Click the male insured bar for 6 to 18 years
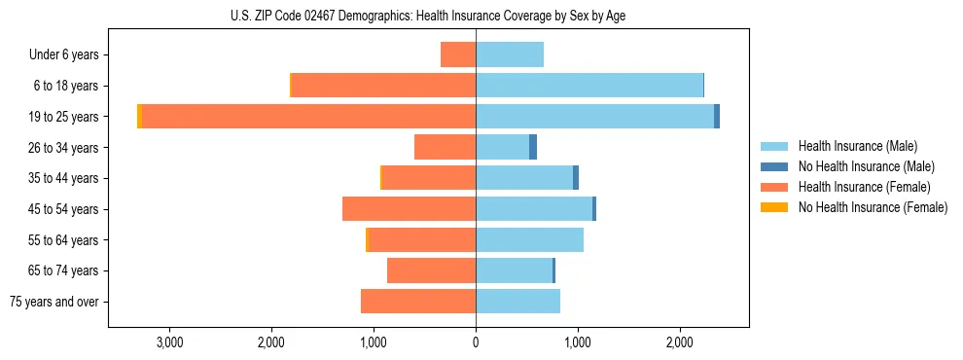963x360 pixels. (x=588, y=86)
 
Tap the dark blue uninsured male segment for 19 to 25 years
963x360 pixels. (x=717, y=117)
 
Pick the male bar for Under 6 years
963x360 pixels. (x=510, y=54)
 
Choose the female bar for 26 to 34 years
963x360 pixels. (x=445, y=147)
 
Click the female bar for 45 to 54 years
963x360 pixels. (x=409, y=209)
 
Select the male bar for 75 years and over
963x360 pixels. (x=517, y=302)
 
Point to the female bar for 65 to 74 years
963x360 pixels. (x=431, y=270)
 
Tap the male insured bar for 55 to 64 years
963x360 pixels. (x=529, y=239)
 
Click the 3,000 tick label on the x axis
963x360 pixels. (x=169, y=342)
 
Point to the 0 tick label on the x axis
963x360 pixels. (x=476, y=342)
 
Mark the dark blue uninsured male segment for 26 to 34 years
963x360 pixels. (x=533, y=147)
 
